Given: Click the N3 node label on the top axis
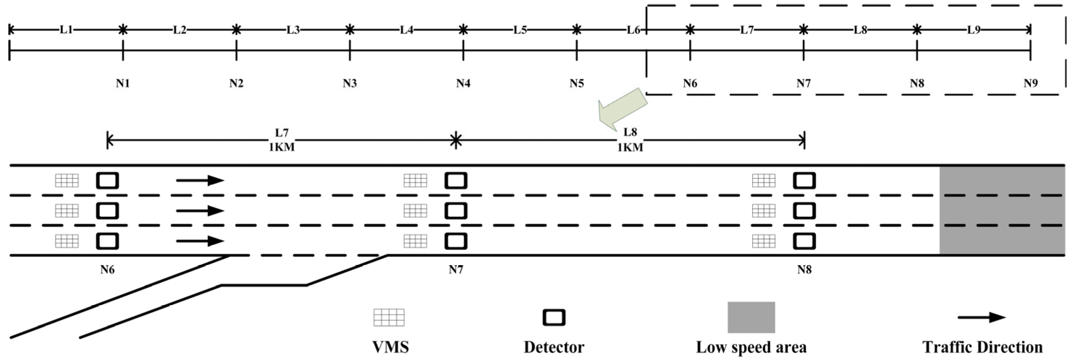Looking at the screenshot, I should (x=350, y=84).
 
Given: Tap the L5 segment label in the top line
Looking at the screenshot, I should (x=520, y=30).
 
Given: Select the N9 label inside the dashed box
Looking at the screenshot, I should (x=1030, y=84).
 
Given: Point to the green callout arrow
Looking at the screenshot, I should (x=622, y=109).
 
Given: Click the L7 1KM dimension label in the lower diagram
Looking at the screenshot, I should (x=281, y=140).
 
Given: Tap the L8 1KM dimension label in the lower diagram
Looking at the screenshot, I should (x=630, y=140).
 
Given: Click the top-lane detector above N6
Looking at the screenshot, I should (x=107, y=181).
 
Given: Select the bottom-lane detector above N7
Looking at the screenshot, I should (x=456, y=241).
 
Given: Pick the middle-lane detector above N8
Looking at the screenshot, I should (x=804, y=211).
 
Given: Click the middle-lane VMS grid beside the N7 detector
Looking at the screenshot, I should (x=415, y=211).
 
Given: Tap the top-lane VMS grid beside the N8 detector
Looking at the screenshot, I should (x=763, y=181).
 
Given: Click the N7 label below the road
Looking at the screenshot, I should (x=456, y=270).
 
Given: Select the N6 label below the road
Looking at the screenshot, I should (x=107, y=270).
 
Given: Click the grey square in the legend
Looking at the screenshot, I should (x=751, y=317).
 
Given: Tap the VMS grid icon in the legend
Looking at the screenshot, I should (x=389, y=317).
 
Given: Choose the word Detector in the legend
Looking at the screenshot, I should (x=554, y=347).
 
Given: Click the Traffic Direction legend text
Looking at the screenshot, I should (x=982, y=347).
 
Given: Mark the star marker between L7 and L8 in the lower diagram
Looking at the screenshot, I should (x=456, y=140).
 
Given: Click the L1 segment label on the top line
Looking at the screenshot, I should (x=66, y=30).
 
